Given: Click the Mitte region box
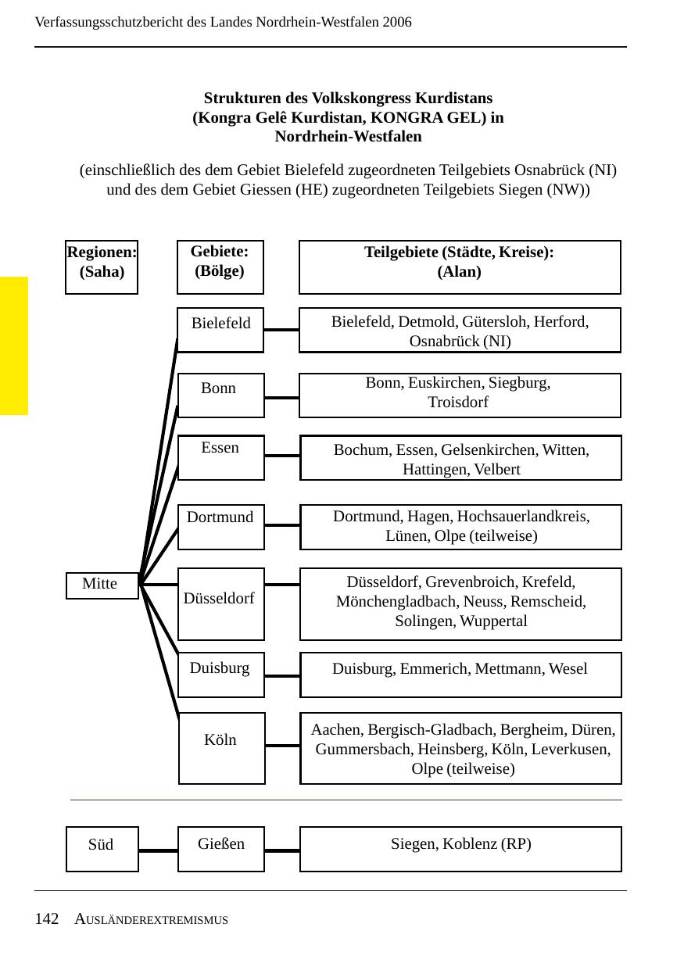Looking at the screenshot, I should (x=102, y=585).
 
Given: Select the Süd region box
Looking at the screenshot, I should (x=102, y=848).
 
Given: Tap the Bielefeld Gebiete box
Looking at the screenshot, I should (x=221, y=329).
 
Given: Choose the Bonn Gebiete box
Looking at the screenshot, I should (x=221, y=395).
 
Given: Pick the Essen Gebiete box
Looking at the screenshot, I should (x=221, y=456).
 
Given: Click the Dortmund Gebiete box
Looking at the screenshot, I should (x=221, y=526).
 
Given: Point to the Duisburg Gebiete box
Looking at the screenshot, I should (x=221, y=674).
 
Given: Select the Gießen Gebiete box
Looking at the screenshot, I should (x=221, y=848).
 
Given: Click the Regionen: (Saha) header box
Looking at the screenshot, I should (x=102, y=267).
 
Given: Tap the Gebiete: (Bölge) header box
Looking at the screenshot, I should (x=220, y=267).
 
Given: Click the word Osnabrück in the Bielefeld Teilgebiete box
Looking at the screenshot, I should (x=445, y=342).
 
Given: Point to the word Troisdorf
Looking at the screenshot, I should (x=458, y=403).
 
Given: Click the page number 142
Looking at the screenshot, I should (x=47, y=919).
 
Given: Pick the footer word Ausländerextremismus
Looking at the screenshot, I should (x=152, y=920).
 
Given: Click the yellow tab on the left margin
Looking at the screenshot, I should (x=13, y=345).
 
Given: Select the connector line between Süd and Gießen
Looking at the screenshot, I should (x=159, y=850).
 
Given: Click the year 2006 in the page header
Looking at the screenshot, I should (x=397, y=22).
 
